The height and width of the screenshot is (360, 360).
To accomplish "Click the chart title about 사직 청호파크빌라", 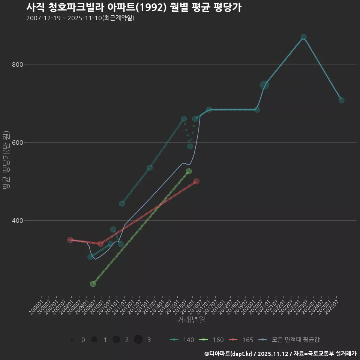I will click(133, 7).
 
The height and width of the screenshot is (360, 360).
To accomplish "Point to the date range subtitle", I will click(80, 18).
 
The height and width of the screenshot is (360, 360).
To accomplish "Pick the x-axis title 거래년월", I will click(191, 320).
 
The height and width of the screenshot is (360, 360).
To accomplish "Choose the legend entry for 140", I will click(182, 340).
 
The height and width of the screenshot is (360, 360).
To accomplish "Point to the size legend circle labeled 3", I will click(138, 340).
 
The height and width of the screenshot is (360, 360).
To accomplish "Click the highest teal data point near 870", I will click(303, 37).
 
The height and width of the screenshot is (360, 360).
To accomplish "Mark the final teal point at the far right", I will click(341, 100).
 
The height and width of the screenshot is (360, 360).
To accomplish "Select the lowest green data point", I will click(93, 284).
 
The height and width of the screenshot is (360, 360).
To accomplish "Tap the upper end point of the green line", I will click(189, 171).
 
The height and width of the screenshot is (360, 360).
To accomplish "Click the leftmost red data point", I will click(70, 240).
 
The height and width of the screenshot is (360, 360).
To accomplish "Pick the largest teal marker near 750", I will click(265, 85).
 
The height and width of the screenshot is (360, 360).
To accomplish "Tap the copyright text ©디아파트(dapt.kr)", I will click(229, 353).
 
